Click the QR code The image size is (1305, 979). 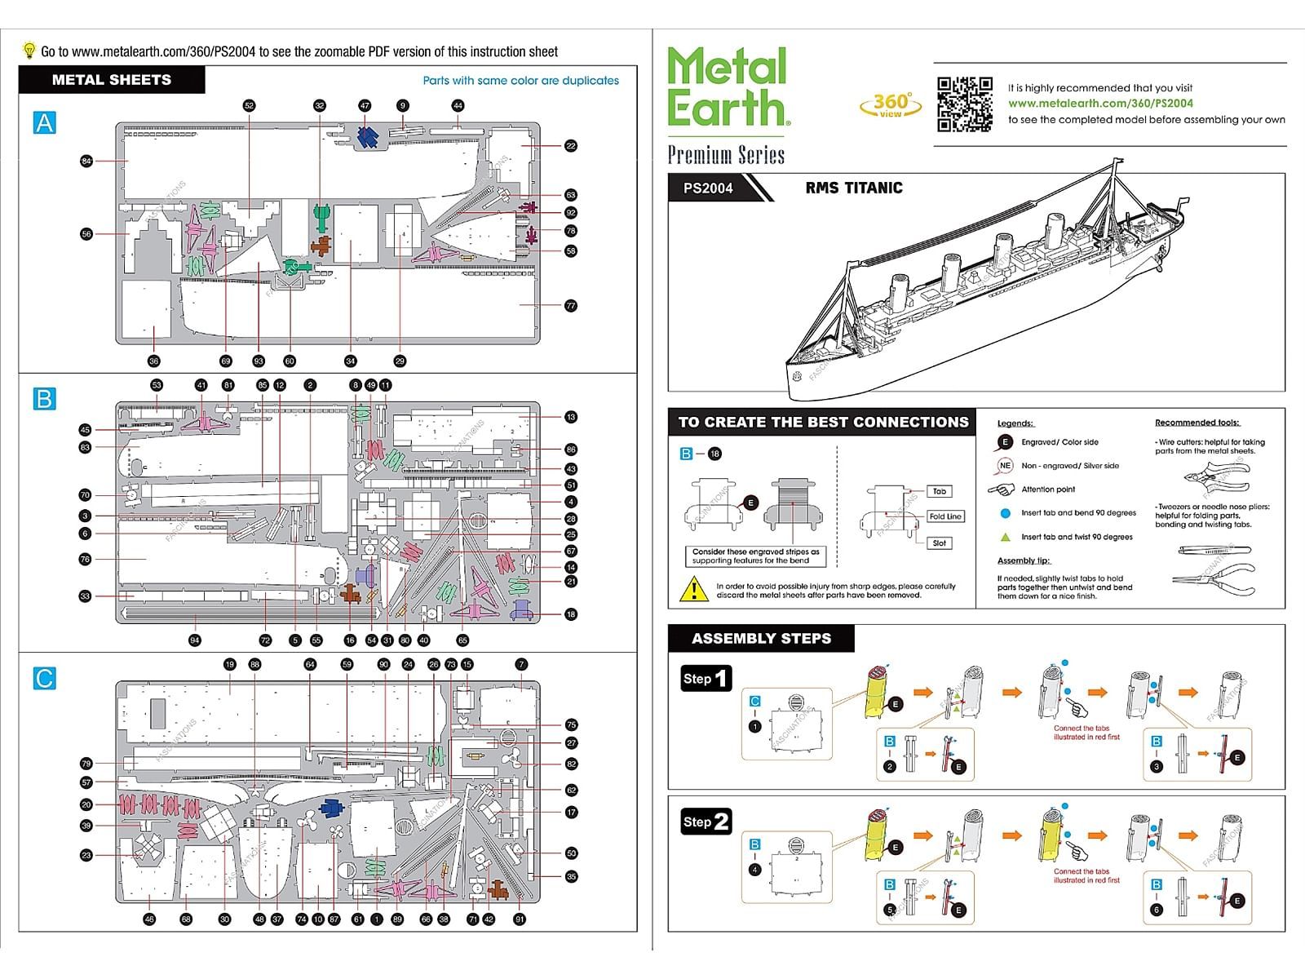[964, 104]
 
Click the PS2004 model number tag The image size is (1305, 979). [708, 188]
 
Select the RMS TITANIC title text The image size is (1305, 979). [854, 188]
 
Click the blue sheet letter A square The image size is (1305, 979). [44, 123]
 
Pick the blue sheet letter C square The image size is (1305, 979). [44, 679]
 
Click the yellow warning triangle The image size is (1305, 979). [693, 589]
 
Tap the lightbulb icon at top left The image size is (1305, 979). [29, 51]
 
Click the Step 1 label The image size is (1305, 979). [706, 678]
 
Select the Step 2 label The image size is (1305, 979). [706, 822]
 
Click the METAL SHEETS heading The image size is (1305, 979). [112, 80]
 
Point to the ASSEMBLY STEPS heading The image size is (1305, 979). [761, 639]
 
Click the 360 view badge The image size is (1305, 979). [891, 104]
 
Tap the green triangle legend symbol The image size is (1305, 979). [1005, 537]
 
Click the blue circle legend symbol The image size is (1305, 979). [1005, 513]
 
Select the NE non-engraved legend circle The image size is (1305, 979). [1005, 466]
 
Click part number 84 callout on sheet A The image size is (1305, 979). [86, 161]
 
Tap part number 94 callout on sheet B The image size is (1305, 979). [194, 640]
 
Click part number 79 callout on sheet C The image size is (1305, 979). [86, 764]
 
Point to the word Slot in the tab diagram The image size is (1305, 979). [939, 543]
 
